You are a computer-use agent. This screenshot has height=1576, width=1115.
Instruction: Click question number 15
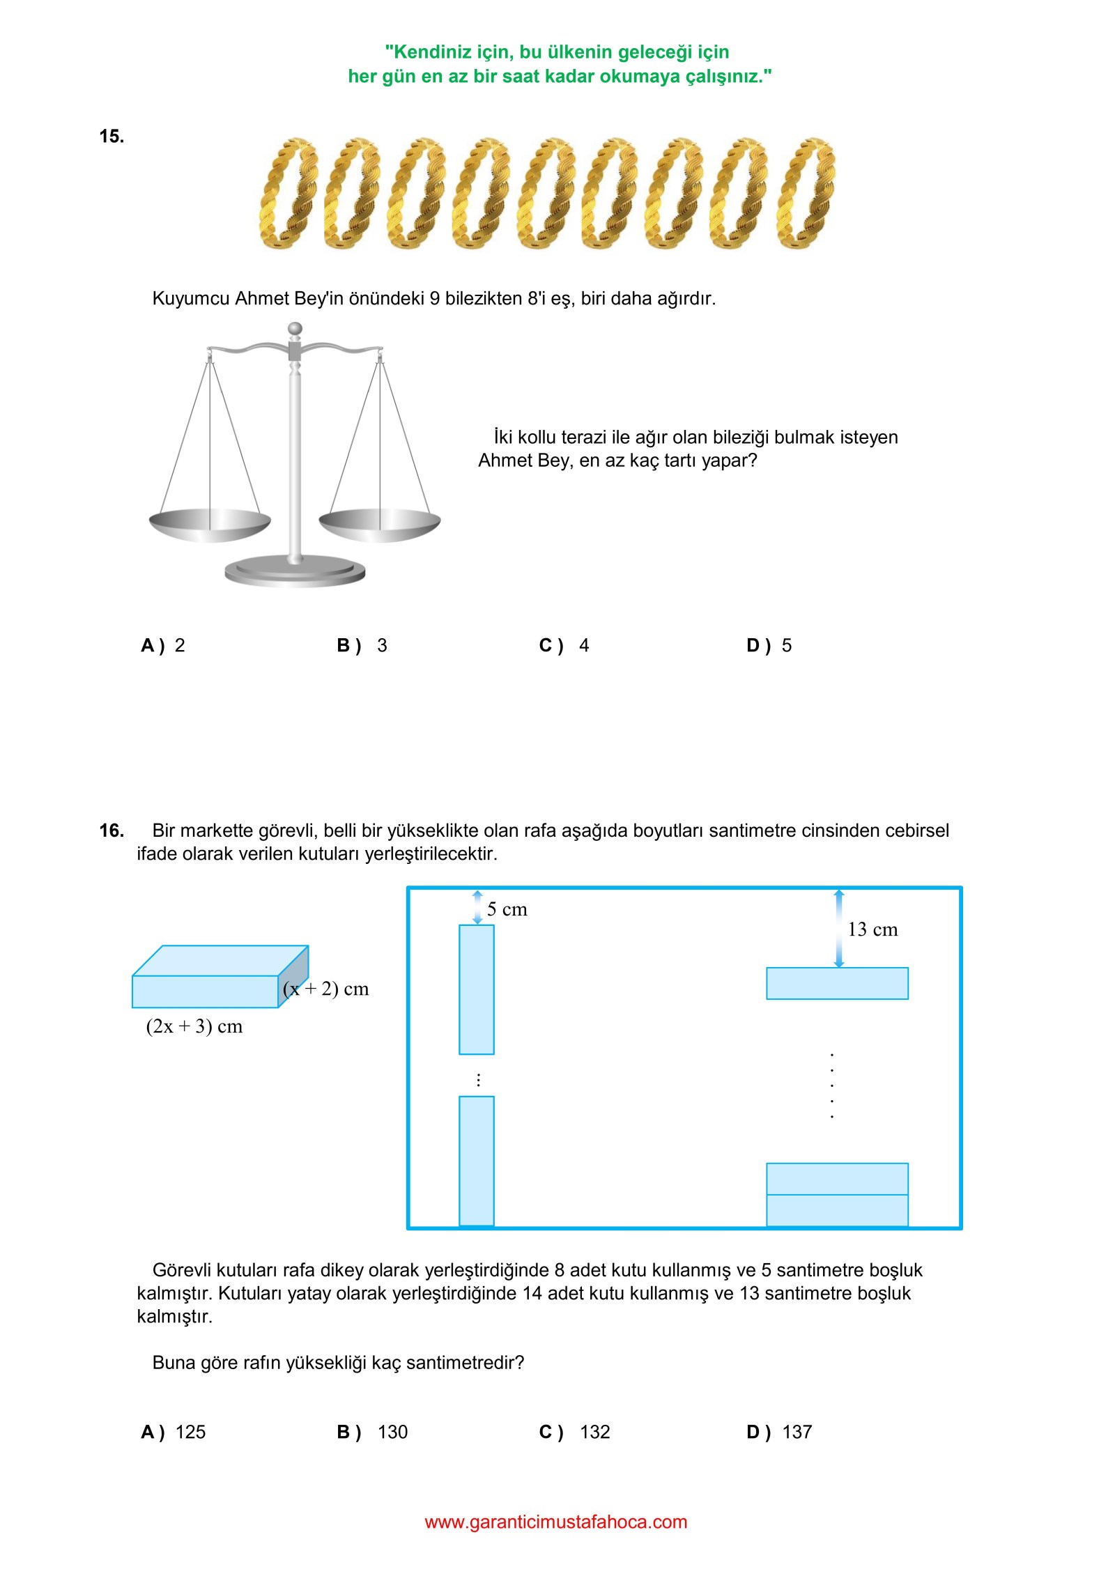tap(111, 137)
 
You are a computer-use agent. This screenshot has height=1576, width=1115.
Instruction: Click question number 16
tap(111, 831)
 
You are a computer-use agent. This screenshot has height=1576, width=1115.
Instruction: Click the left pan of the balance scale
tap(210, 523)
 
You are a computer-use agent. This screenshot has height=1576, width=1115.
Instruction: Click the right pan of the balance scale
tap(380, 523)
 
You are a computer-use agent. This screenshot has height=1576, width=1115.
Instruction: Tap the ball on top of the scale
tap(295, 329)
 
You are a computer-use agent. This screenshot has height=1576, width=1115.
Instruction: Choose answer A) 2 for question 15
tap(163, 646)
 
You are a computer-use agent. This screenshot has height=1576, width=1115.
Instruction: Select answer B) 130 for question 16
tap(372, 1432)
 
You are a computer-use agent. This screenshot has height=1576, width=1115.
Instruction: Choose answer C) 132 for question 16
tap(574, 1432)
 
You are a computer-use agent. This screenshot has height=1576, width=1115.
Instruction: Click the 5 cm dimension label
tap(507, 910)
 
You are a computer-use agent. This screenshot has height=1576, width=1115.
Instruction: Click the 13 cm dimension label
tap(872, 930)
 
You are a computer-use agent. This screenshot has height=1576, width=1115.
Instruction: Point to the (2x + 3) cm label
tap(194, 1027)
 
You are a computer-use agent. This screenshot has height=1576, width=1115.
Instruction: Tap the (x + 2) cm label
tap(326, 989)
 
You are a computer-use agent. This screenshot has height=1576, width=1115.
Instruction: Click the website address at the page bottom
tap(556, 1522)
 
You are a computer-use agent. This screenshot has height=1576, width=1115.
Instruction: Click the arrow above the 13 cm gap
tap(839, 929)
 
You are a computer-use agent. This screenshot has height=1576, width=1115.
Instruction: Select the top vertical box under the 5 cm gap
tap(477, 989)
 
